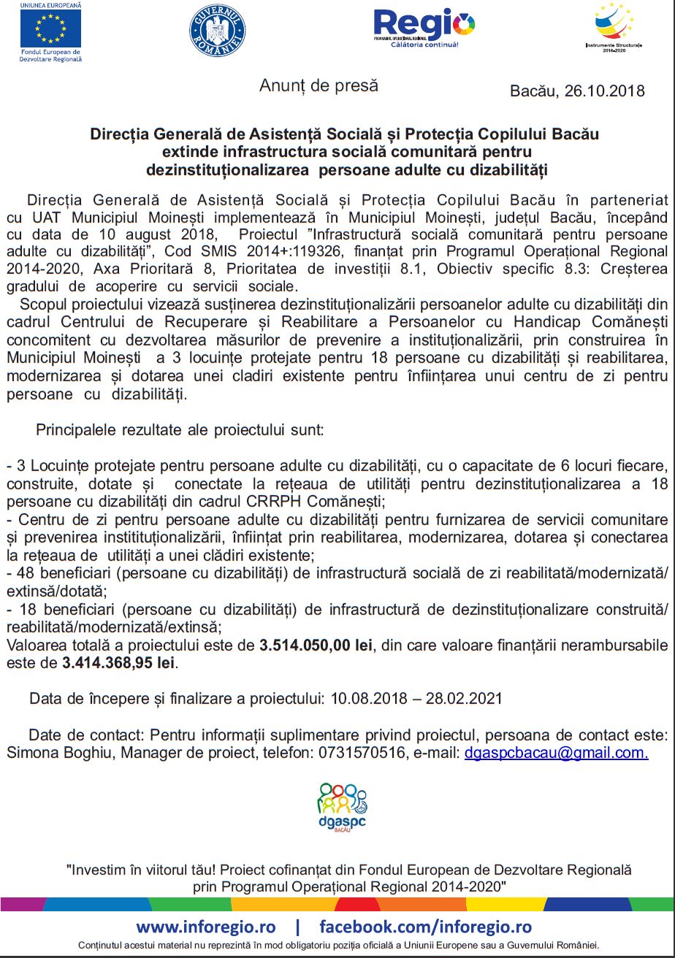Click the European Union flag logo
(x=50, y=29)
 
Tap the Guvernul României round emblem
(x=218, y=31)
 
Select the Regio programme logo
(x=424, y=28)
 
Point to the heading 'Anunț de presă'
(x=319, y=85)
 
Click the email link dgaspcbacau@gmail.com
(x=556, y=752)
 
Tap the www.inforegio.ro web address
(x=206, y=927)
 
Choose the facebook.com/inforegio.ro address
(x=426, y=927)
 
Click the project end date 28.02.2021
(x=468, y=698)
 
